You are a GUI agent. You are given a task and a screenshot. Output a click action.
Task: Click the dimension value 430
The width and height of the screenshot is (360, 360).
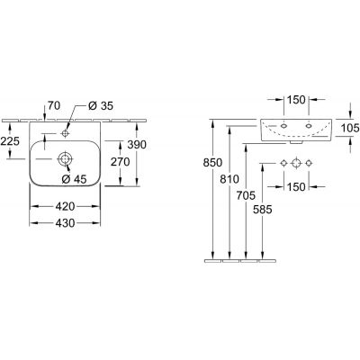click(x=66, y=223)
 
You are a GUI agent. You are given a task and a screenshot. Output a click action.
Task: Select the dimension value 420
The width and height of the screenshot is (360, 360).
click(x=66, y=206)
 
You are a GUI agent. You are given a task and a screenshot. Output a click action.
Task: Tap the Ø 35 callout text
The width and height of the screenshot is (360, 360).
click(x=101, y=105)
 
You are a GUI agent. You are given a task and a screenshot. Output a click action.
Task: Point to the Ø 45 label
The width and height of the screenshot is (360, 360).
click(x=74, y=179)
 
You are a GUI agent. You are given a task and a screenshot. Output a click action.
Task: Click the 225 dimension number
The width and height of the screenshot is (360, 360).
click(x=10, y=140)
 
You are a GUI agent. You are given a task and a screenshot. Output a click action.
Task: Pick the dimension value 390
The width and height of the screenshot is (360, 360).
click(x=137, y=145)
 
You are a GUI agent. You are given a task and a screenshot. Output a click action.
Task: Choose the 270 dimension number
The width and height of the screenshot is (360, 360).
click(x=121, y=162)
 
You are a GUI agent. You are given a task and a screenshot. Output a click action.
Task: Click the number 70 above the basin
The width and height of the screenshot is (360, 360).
click(x=54, y=105)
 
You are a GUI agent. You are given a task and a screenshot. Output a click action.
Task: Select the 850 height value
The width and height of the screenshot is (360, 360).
click(x=212, y=163)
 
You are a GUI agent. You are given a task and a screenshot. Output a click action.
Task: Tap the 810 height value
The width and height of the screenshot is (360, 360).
click(x=229, y=179)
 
